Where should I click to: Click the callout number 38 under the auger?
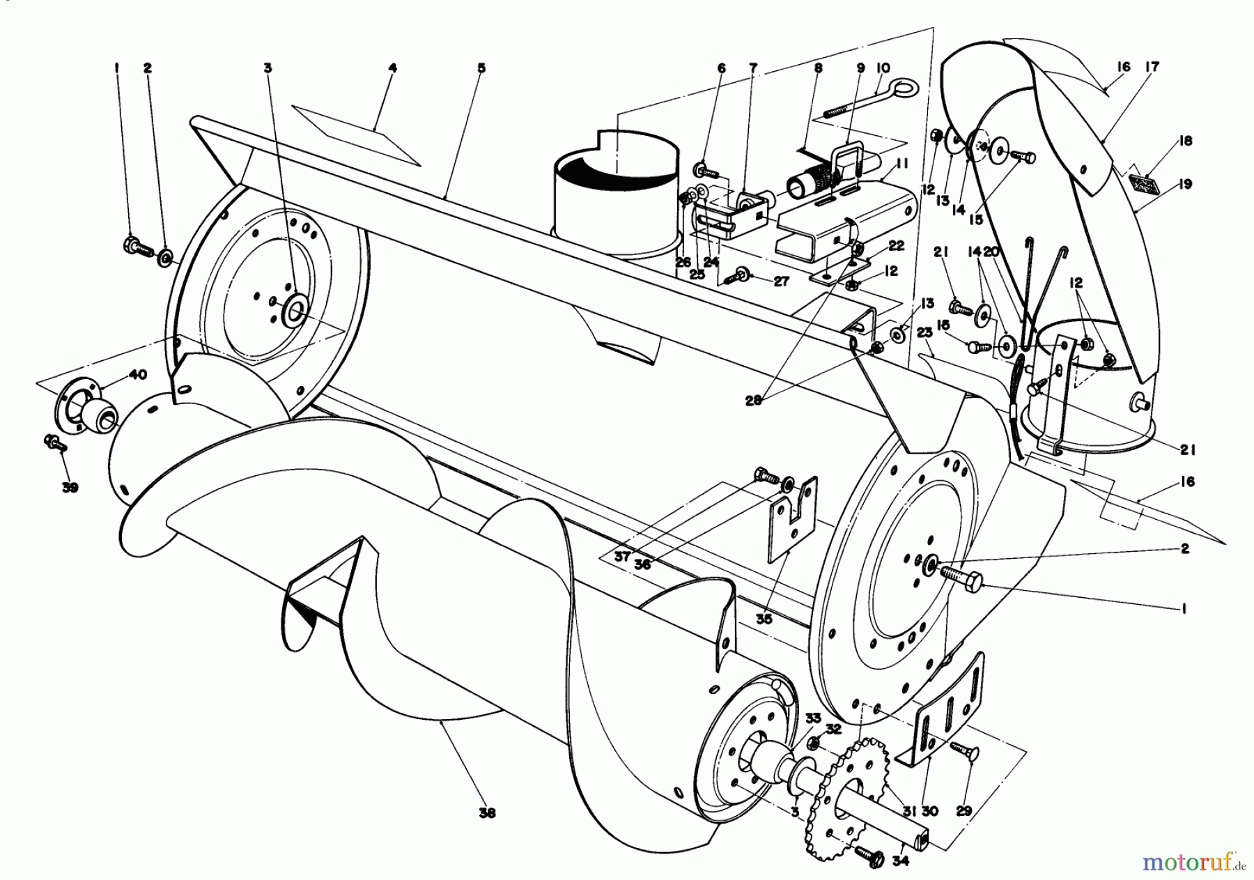tap(487, 813)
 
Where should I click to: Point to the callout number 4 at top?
tap(393, 68)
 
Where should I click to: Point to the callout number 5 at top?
tap(481, 68)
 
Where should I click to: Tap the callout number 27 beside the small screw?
tap(781, 281)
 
